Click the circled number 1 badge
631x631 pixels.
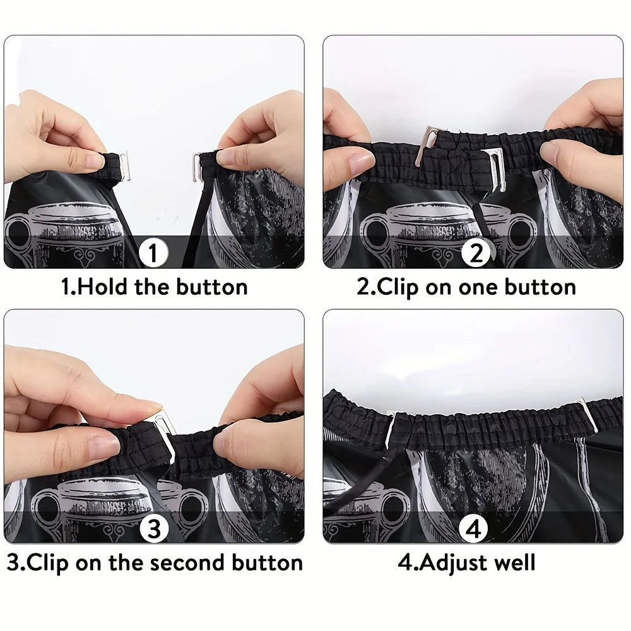153,252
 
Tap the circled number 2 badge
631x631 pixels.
476,252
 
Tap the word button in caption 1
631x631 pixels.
211,287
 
